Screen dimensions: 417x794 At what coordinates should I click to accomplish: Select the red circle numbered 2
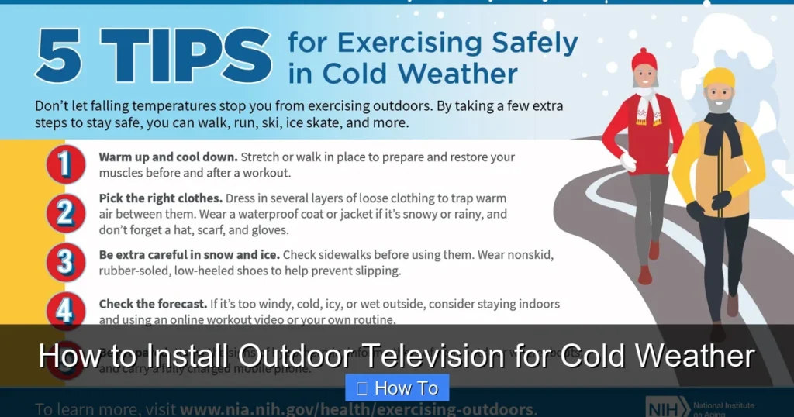coord(65,213)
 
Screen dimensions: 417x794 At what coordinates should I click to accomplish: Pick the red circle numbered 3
coord(65,262)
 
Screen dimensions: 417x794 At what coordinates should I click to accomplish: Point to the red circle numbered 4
coord(65,311)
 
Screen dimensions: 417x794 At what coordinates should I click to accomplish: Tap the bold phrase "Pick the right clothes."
coord(161,198)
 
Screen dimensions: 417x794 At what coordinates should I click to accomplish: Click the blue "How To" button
coord(397,388)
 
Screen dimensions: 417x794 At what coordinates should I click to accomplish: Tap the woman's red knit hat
coord(644,60)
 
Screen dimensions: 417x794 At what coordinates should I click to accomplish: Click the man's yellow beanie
coord(718,78)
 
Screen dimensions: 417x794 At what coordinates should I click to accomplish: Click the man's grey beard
coord(719,105)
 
